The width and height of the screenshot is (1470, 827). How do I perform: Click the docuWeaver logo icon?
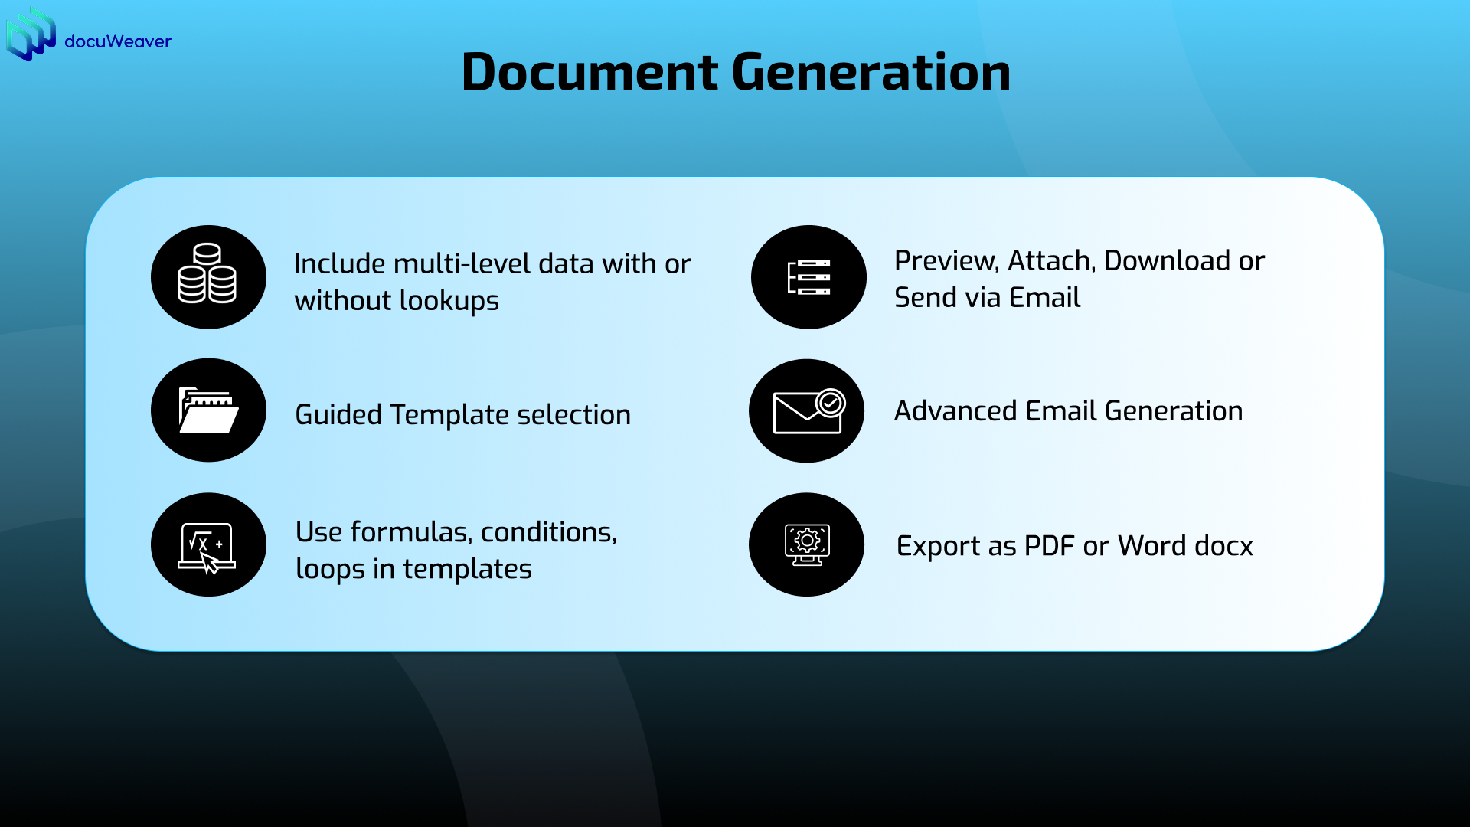[31, 34]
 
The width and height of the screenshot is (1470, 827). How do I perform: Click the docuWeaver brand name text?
[118, 41]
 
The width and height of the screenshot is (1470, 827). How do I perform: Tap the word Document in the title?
[590, 72]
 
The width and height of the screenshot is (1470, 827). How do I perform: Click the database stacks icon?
[207, 276]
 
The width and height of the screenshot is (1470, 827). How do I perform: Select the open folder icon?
[207, 410]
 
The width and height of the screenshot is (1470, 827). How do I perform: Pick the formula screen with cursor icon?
[207, 545]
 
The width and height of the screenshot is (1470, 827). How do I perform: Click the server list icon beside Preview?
[808, 277]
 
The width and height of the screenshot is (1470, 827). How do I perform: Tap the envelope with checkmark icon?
[808, 411]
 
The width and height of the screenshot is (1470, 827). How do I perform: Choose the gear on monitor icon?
[807, 544]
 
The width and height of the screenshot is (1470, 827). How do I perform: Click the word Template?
[449, 415]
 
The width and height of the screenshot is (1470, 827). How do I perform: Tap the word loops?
[330, 570]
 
